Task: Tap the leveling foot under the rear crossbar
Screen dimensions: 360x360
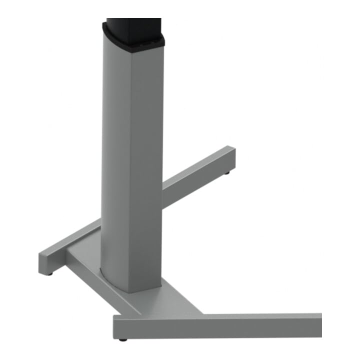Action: click(x=228, y=173)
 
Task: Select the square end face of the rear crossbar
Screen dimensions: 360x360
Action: click(x=230, y=159)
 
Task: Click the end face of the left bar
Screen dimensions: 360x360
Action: click(x=46, y=263)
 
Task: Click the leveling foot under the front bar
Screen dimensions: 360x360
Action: click(x=122, y=340)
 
